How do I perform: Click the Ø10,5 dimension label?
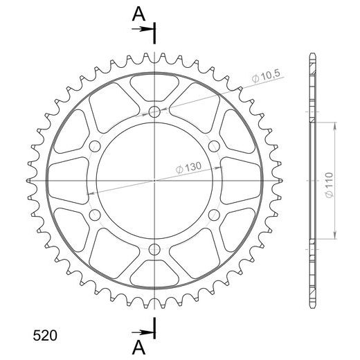pos(266,76)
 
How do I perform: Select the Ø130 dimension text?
pos(188,168)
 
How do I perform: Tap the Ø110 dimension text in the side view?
pos(330,185)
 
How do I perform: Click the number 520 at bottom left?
pos(45,335)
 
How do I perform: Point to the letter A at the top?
pos(138,14)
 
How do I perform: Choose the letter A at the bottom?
pos(138,348)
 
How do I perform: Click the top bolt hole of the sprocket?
pos(154,112)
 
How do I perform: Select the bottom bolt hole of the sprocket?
pos(154,249)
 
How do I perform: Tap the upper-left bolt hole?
pos(95,146)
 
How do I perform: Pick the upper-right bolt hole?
pos(214,146)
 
